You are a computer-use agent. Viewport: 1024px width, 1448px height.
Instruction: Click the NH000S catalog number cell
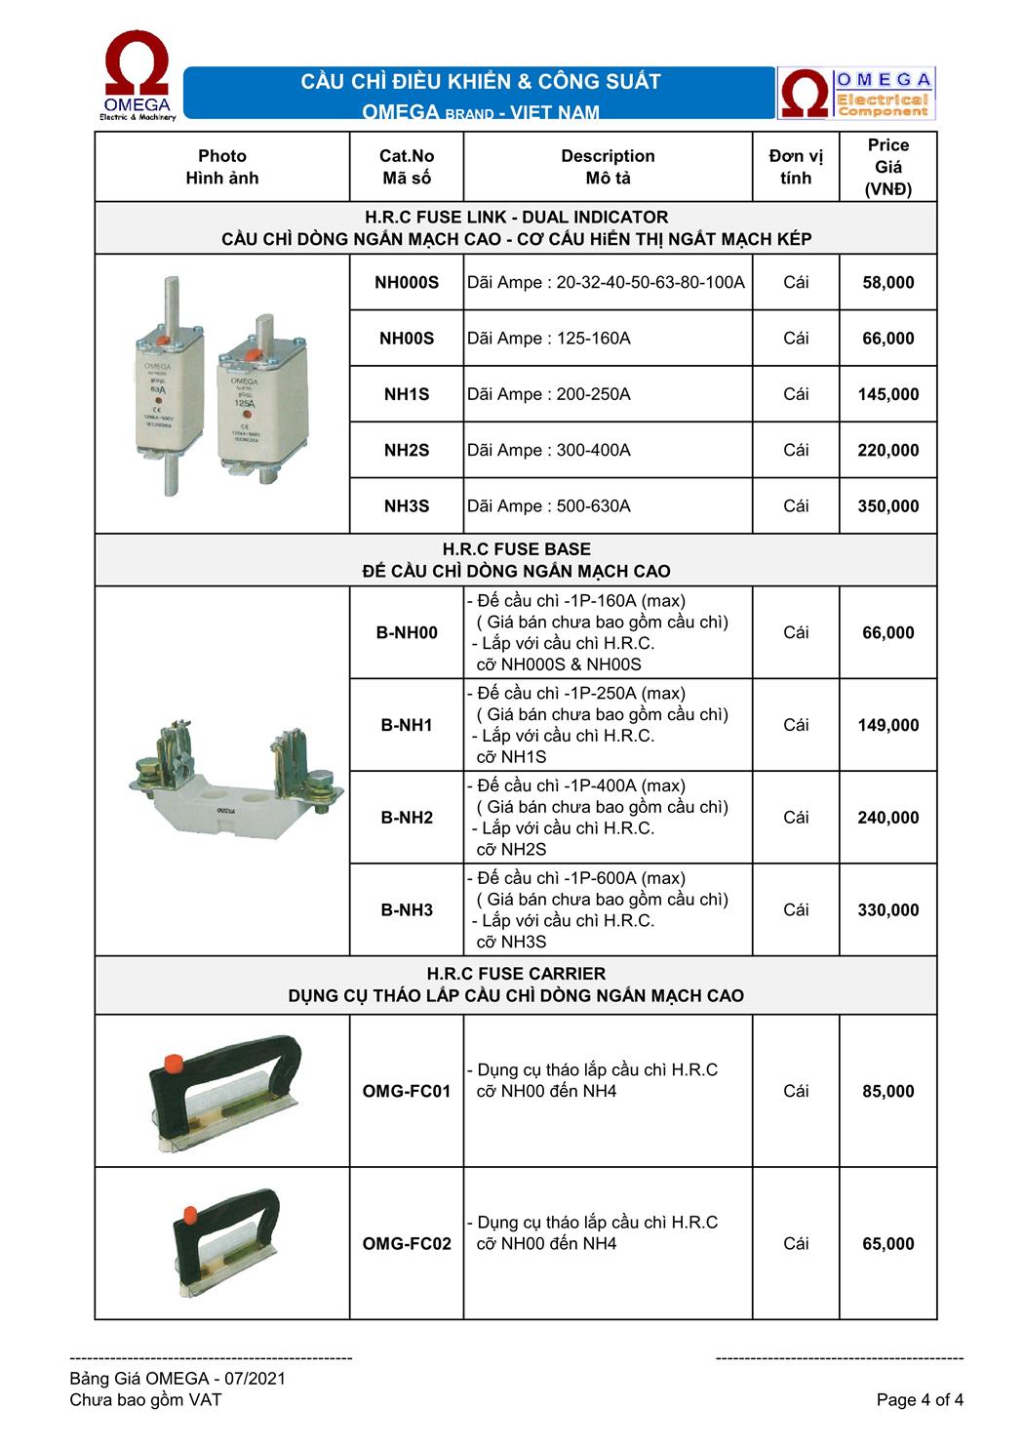pos(407,283)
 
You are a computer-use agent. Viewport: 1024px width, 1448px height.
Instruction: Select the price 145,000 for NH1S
pos(887,394)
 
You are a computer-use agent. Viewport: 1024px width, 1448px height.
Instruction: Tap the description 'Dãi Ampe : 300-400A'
pos(549,450)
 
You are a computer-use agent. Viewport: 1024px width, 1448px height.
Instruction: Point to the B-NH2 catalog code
pos(407,818)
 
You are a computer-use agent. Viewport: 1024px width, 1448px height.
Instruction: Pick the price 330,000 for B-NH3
pos(887,910)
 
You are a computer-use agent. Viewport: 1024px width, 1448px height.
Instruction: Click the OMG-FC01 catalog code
pos(407,1091)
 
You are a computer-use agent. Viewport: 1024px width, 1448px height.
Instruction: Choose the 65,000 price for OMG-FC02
pos(887,1244)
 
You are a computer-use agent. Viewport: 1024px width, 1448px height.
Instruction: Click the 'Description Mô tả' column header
pos(608,167)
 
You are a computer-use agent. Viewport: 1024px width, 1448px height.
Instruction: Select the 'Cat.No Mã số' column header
pos(407,167)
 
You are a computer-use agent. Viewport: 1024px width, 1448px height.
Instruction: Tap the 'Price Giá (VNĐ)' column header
pos(887,167)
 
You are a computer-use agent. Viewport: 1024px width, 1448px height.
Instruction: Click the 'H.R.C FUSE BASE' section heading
pos(516,549)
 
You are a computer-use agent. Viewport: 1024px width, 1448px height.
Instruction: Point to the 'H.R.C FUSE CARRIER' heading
pos(516,974)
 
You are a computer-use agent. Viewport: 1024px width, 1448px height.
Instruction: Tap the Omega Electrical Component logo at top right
pos(856,94)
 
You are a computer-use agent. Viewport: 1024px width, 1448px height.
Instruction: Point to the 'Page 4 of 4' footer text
pos(920,1400)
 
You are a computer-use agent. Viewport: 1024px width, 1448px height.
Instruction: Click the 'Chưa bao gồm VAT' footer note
pos(145,1400)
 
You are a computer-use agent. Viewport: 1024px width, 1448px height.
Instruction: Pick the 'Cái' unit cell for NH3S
pos(796,505)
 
